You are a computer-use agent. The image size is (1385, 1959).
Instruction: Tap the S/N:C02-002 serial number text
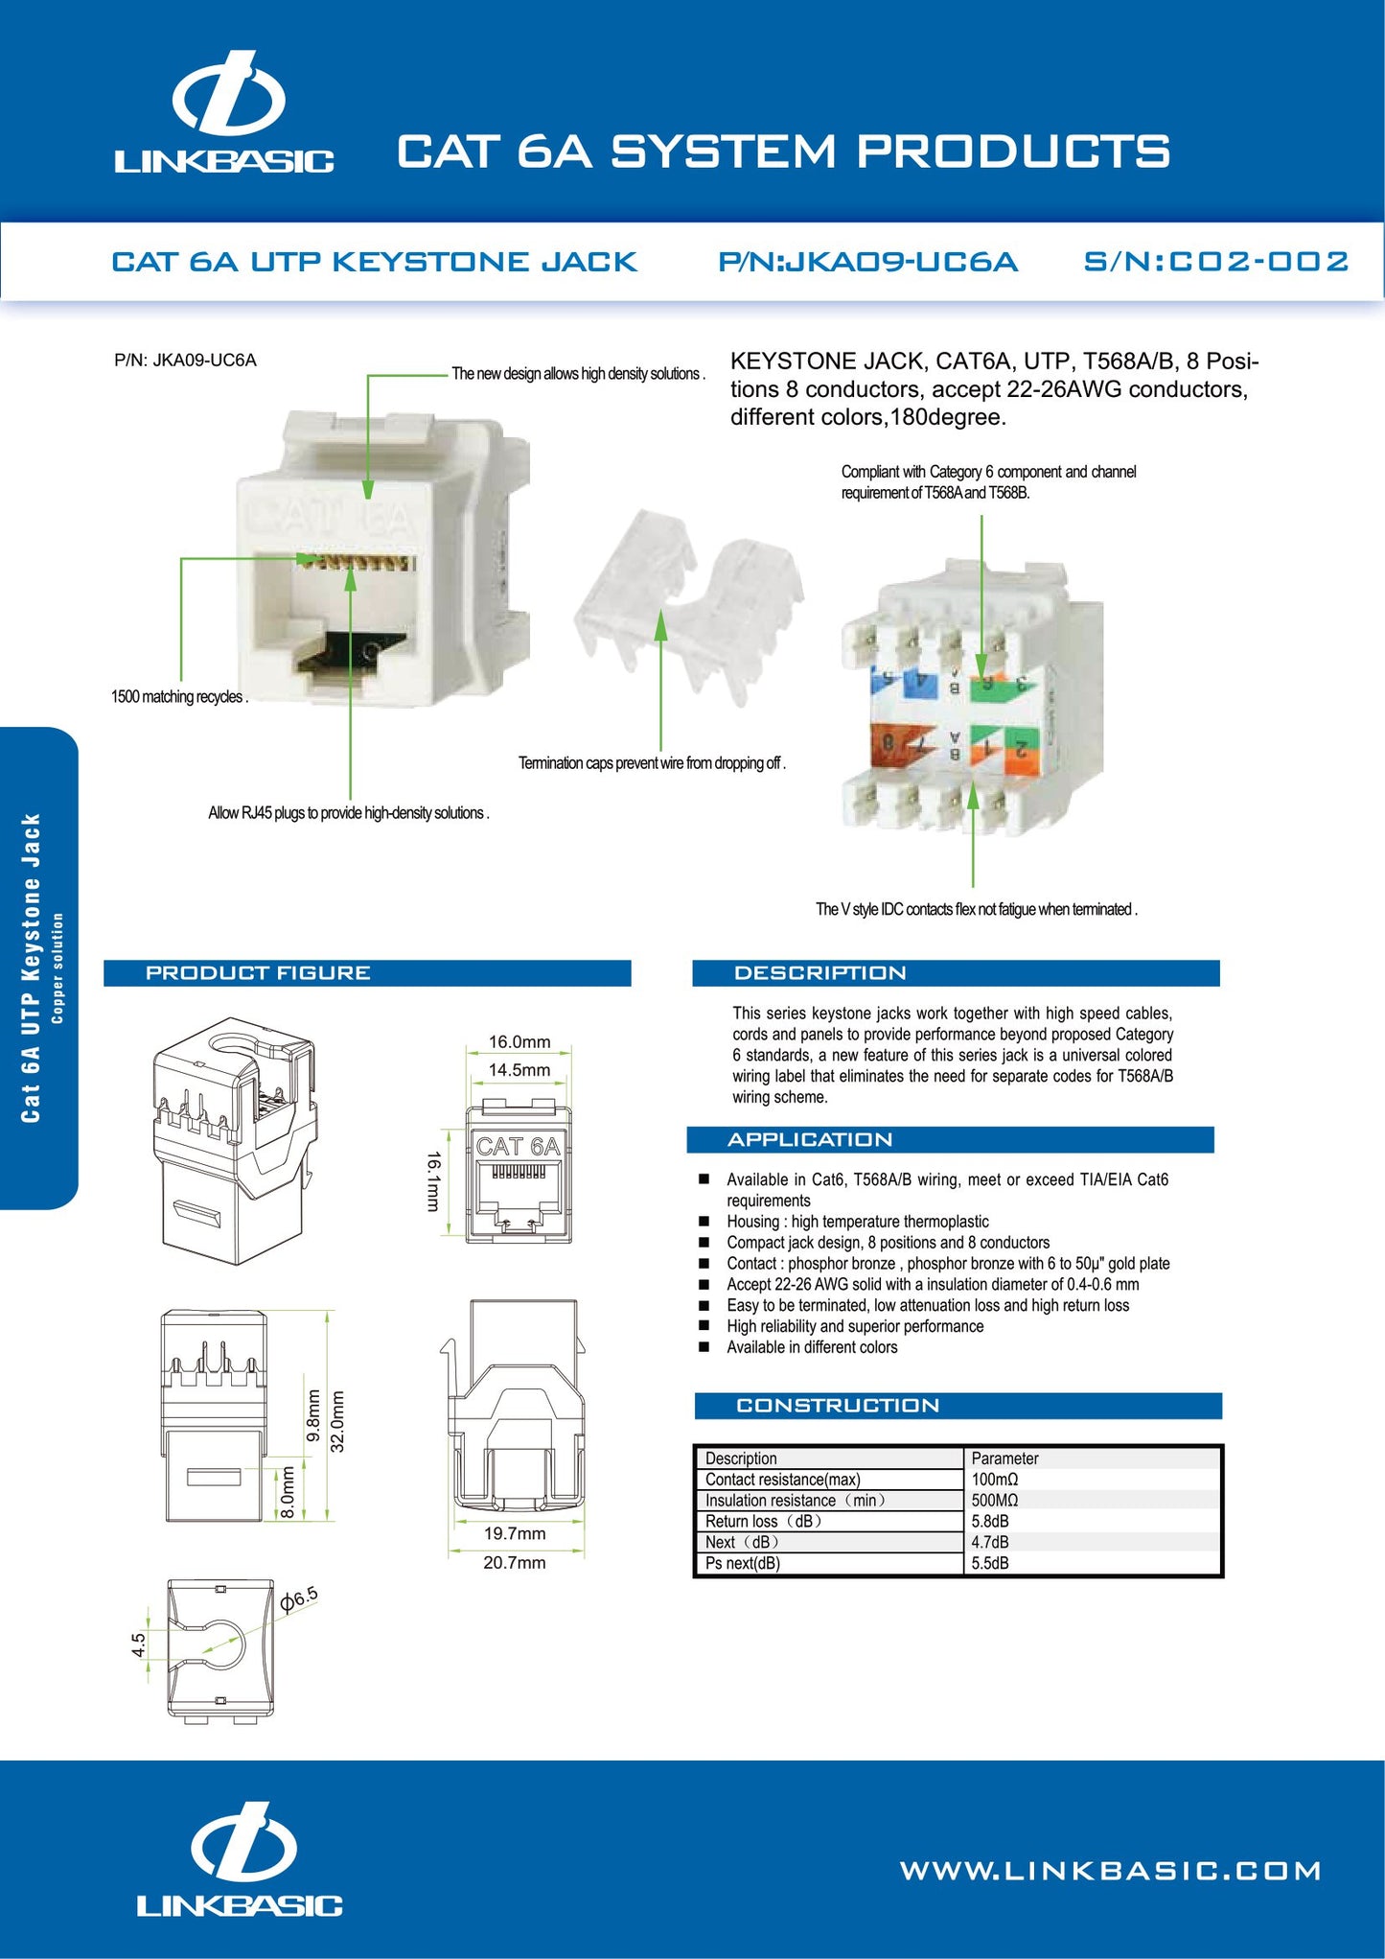(x=1215, y=262)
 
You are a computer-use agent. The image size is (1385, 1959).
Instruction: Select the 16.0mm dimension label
(x=519, y=1041)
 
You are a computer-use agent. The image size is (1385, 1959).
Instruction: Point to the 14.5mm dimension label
(x=519, y=1069)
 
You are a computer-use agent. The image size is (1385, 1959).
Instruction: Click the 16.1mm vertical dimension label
(x=433, y=1181)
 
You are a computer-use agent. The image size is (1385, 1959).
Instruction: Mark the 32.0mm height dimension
(x=337, y=1421)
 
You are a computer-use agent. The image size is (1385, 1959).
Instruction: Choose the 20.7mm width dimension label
(x=515, y=1562)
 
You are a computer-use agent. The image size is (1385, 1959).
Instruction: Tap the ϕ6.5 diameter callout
(x=299, y=1598)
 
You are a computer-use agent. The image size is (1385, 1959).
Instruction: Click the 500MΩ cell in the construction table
(x=995, y=1500)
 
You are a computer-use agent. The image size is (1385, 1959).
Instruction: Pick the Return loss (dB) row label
(x=764, y=1521)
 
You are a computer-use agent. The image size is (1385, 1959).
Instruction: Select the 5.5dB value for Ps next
(x=990, y=1563)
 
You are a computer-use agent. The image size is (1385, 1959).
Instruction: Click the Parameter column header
(x=1004, y=1458)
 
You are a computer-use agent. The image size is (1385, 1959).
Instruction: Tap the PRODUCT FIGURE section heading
(x=258, y=972)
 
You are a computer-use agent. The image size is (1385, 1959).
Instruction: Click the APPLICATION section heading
(x=810, y=1139)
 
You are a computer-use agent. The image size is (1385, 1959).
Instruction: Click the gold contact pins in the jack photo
(x=357, y=562)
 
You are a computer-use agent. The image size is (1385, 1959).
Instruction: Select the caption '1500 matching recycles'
(x=179, y=697)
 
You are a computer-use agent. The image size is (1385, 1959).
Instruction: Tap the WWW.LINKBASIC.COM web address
(x=1111, y=1871)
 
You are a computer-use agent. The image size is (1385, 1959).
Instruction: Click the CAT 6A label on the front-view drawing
(x=519, y=1146)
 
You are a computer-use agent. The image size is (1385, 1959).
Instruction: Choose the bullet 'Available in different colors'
(x=812, y=1347)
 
